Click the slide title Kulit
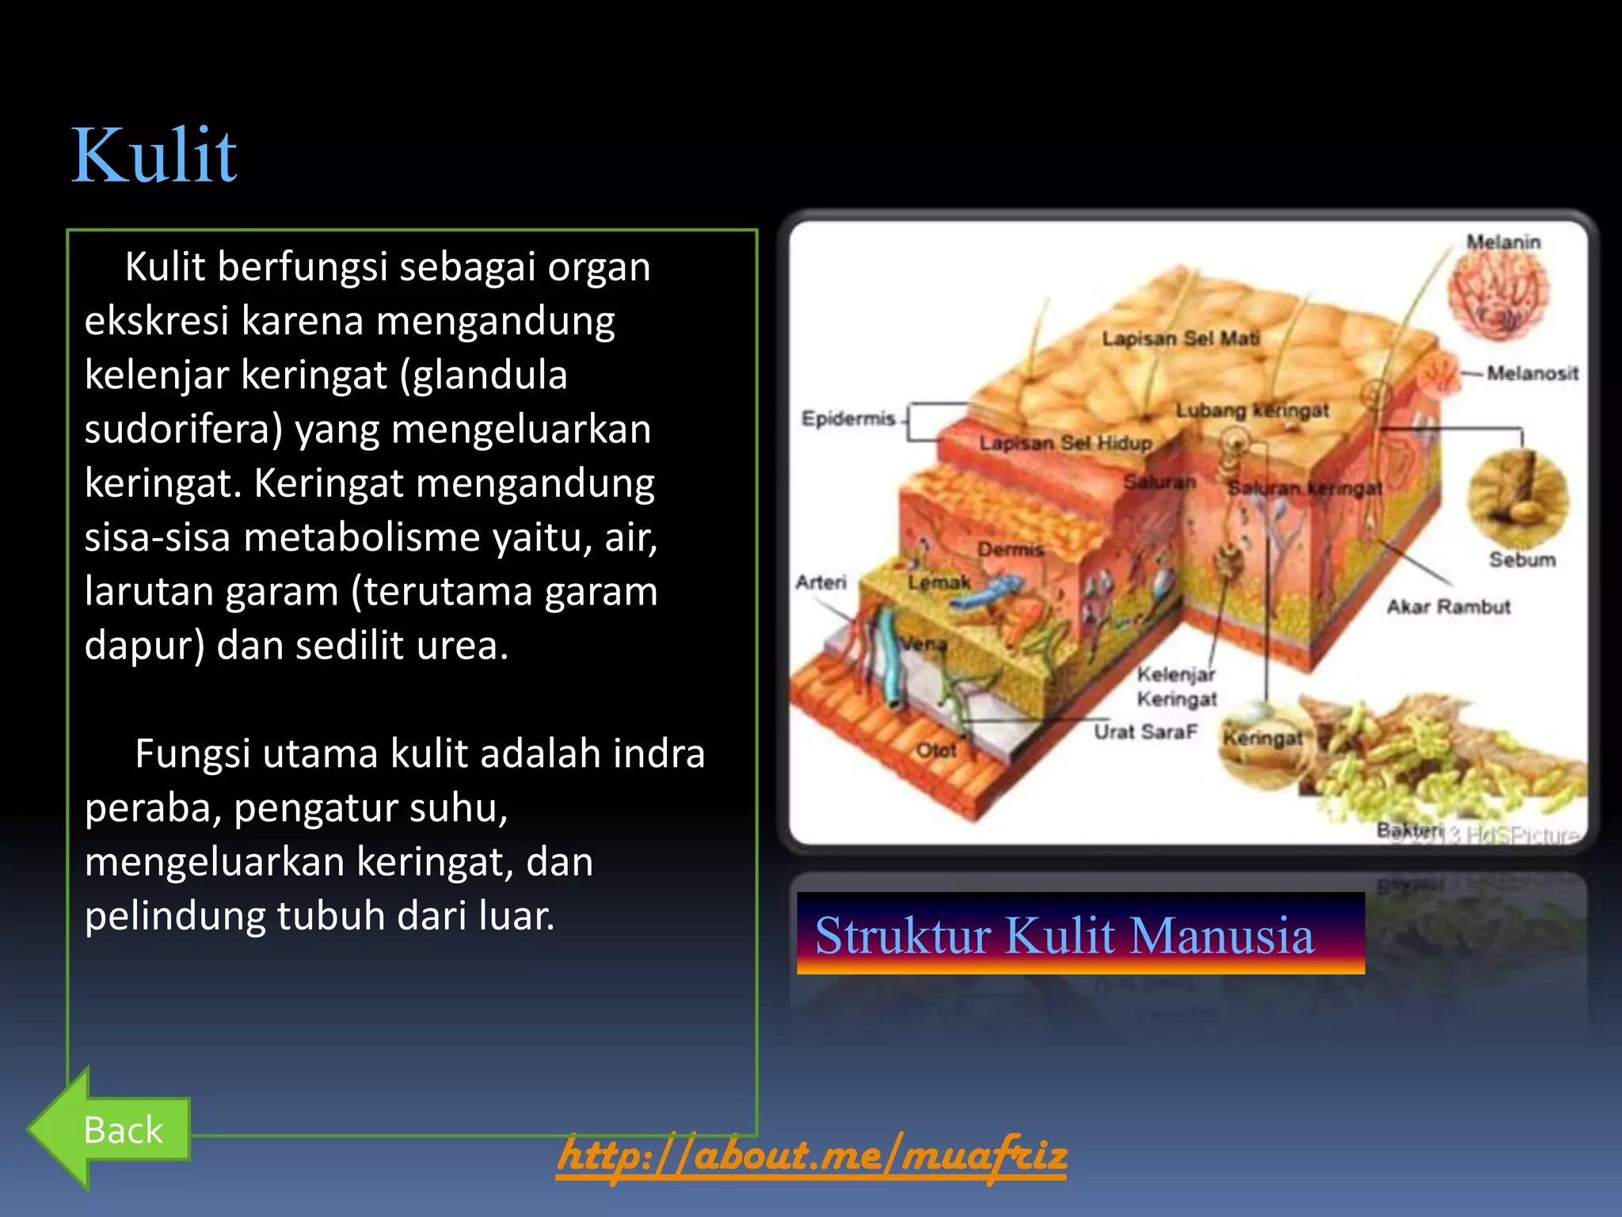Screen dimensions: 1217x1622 [154, 155]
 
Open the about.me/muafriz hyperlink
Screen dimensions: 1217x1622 [812, 1155]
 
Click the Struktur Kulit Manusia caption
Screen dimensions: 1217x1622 [1064, 935]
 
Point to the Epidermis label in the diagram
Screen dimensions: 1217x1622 [847, 418]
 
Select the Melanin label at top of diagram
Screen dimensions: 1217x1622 [1503, 242]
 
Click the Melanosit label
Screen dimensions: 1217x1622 [1532, 373]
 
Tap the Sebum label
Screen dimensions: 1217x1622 [1521, 560]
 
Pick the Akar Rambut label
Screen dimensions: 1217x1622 [1448, 607]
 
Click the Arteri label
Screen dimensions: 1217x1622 [821, 582]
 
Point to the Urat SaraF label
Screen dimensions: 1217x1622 [1144, 732]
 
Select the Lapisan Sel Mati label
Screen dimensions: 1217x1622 [1179, 339]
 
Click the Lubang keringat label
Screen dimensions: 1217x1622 [1251, 410]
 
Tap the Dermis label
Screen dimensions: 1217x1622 [1010, 549]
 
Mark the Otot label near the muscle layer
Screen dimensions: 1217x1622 [935, 750]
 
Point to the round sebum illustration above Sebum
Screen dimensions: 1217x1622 [1517, 498]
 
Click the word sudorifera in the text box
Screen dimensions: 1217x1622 [183, 429]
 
